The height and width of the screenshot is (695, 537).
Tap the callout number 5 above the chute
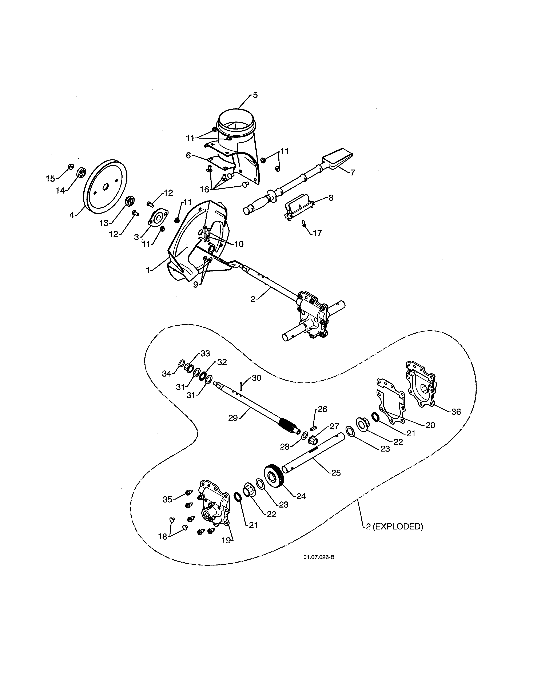click(255, 95)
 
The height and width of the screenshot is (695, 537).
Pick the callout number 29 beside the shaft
click(233, 418)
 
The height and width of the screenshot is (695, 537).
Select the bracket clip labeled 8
click(298, 207)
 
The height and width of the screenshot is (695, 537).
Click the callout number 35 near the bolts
click(167, 499)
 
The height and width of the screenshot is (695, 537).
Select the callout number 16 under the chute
click(204, 189)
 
